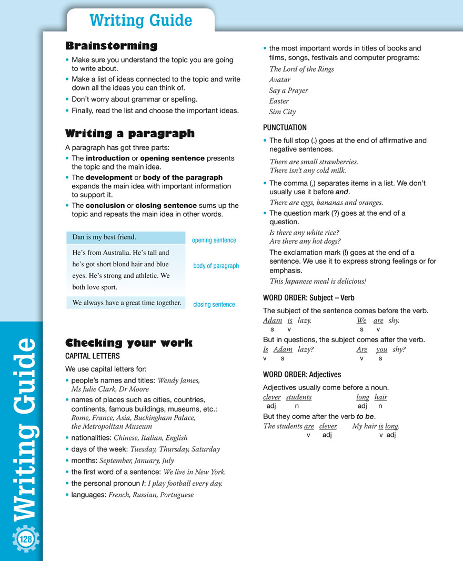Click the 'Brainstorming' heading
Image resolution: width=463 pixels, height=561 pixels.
[x=111, y=46]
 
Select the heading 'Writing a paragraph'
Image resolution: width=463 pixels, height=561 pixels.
[x=129, y=133]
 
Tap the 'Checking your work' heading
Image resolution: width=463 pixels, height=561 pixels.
[x=128, y=343]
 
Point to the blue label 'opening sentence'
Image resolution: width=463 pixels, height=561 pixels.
[x=214, y=241]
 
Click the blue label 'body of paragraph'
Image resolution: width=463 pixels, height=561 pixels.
[x=216, y=266]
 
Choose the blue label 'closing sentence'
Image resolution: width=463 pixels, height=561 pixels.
[x=214, y=304]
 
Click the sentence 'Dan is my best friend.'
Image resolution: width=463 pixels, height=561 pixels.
[x=104, y=237]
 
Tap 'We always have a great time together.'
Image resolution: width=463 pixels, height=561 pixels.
[x=126, y=303]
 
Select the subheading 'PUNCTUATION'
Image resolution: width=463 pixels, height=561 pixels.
[x=285, y=127]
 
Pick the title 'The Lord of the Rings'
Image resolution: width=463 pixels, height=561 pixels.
[x=301, y=69]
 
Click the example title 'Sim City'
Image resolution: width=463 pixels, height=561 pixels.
[x=283, y=112]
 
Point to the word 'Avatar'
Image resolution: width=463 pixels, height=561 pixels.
[x=280, y=79]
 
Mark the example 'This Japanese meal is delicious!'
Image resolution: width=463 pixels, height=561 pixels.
[x=318, y=281]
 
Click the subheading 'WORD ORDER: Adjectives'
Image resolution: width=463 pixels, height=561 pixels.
[x=302, y=375]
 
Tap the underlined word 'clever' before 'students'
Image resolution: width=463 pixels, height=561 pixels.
[x=271, y=397]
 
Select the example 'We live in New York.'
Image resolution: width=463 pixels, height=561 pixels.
[x=194, y=472]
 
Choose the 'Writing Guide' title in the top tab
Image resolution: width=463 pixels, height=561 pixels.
[x=140, y=21]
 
